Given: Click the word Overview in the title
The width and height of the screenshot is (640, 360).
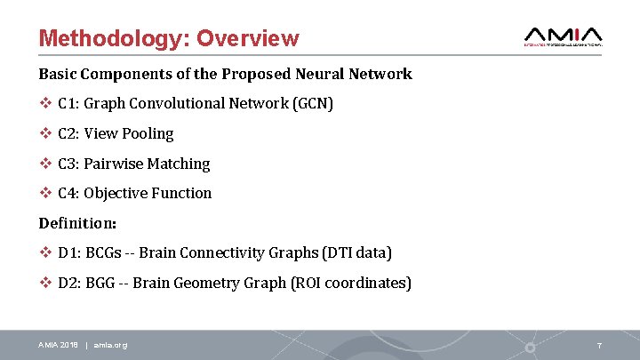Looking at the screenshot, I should point(248,39).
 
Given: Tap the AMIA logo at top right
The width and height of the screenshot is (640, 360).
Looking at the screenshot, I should point(564,35).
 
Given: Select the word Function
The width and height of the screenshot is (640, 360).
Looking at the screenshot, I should point(184,193).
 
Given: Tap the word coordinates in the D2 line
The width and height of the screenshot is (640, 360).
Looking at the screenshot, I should point(364,284).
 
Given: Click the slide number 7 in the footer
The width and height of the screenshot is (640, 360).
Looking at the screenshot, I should point(600,345).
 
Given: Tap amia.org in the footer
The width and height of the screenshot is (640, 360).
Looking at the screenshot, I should point(110,345).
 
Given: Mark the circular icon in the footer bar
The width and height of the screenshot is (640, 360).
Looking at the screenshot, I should point(531,345).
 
